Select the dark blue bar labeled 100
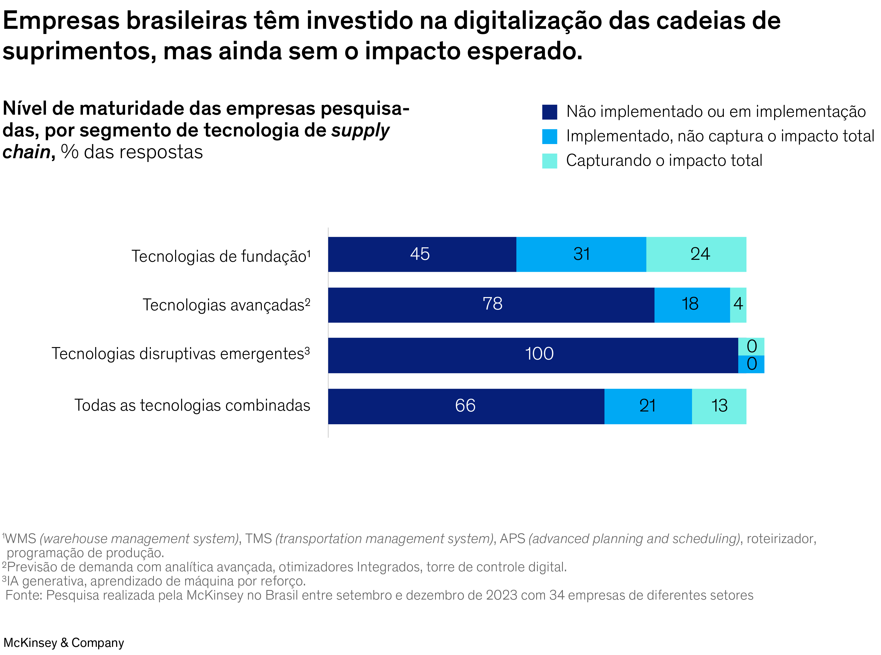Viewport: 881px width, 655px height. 532,355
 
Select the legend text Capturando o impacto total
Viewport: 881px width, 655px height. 664,161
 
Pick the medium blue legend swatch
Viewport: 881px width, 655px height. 549,136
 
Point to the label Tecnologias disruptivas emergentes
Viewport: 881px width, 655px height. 181,354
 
